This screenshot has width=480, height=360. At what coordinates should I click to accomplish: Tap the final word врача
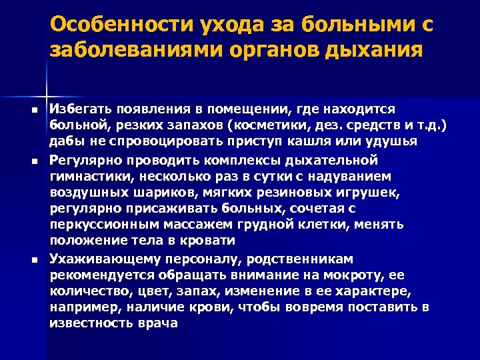157,323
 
